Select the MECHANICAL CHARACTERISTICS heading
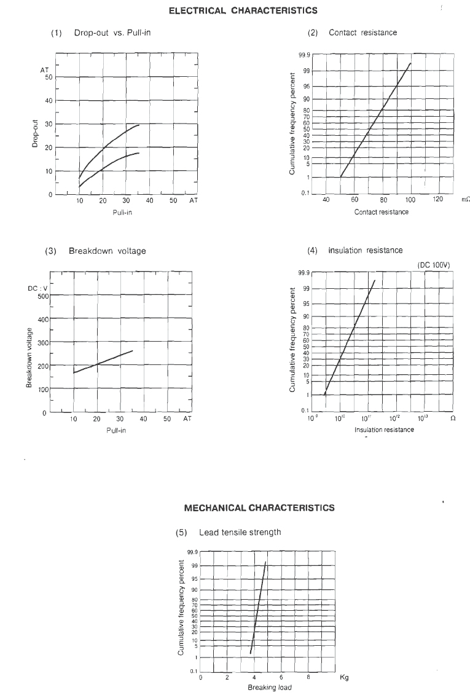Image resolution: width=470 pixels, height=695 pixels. pos(259,508)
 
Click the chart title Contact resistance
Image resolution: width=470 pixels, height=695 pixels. pos(362,33)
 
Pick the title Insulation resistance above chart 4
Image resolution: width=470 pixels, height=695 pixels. pos(365,250)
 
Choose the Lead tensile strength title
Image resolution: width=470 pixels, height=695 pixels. pos(240,532)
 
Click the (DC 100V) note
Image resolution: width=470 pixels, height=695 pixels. pos(434,265)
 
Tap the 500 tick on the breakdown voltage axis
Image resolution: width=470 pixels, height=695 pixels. pos(42,296)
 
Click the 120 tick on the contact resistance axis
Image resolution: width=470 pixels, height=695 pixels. pos(438,200)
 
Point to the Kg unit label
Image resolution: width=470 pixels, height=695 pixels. pos(344,678)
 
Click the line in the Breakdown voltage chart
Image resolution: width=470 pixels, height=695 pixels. pos(103,361)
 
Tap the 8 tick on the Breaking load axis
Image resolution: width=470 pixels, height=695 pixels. pos(308,677)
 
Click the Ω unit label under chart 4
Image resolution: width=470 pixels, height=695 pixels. pos(453,418)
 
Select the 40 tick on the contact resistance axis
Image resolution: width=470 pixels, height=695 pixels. pos(326,200)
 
